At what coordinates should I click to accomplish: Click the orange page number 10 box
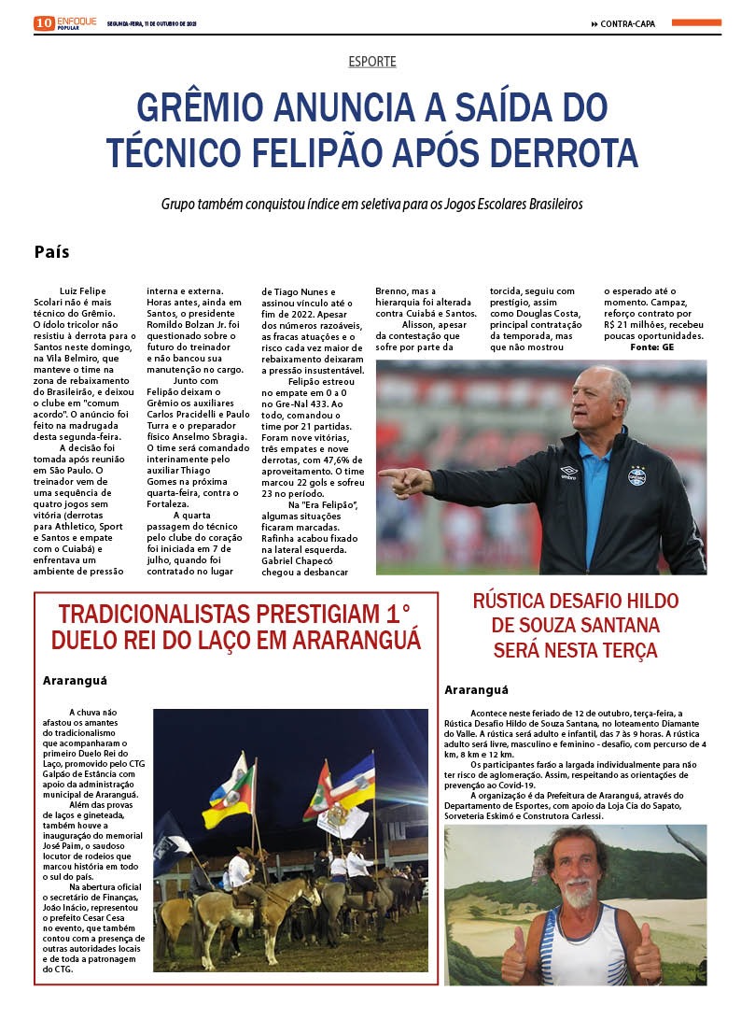coord(44,23)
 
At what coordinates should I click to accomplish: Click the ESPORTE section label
coord(371,62)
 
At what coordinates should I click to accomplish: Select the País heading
coord(51,252)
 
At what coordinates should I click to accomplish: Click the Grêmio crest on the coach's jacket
coord(636,476)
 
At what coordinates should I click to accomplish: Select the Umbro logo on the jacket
coord(568,471)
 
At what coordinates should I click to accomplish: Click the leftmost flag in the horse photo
coord(227,789)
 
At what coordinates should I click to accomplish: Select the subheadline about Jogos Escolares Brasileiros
coord(371,203)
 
